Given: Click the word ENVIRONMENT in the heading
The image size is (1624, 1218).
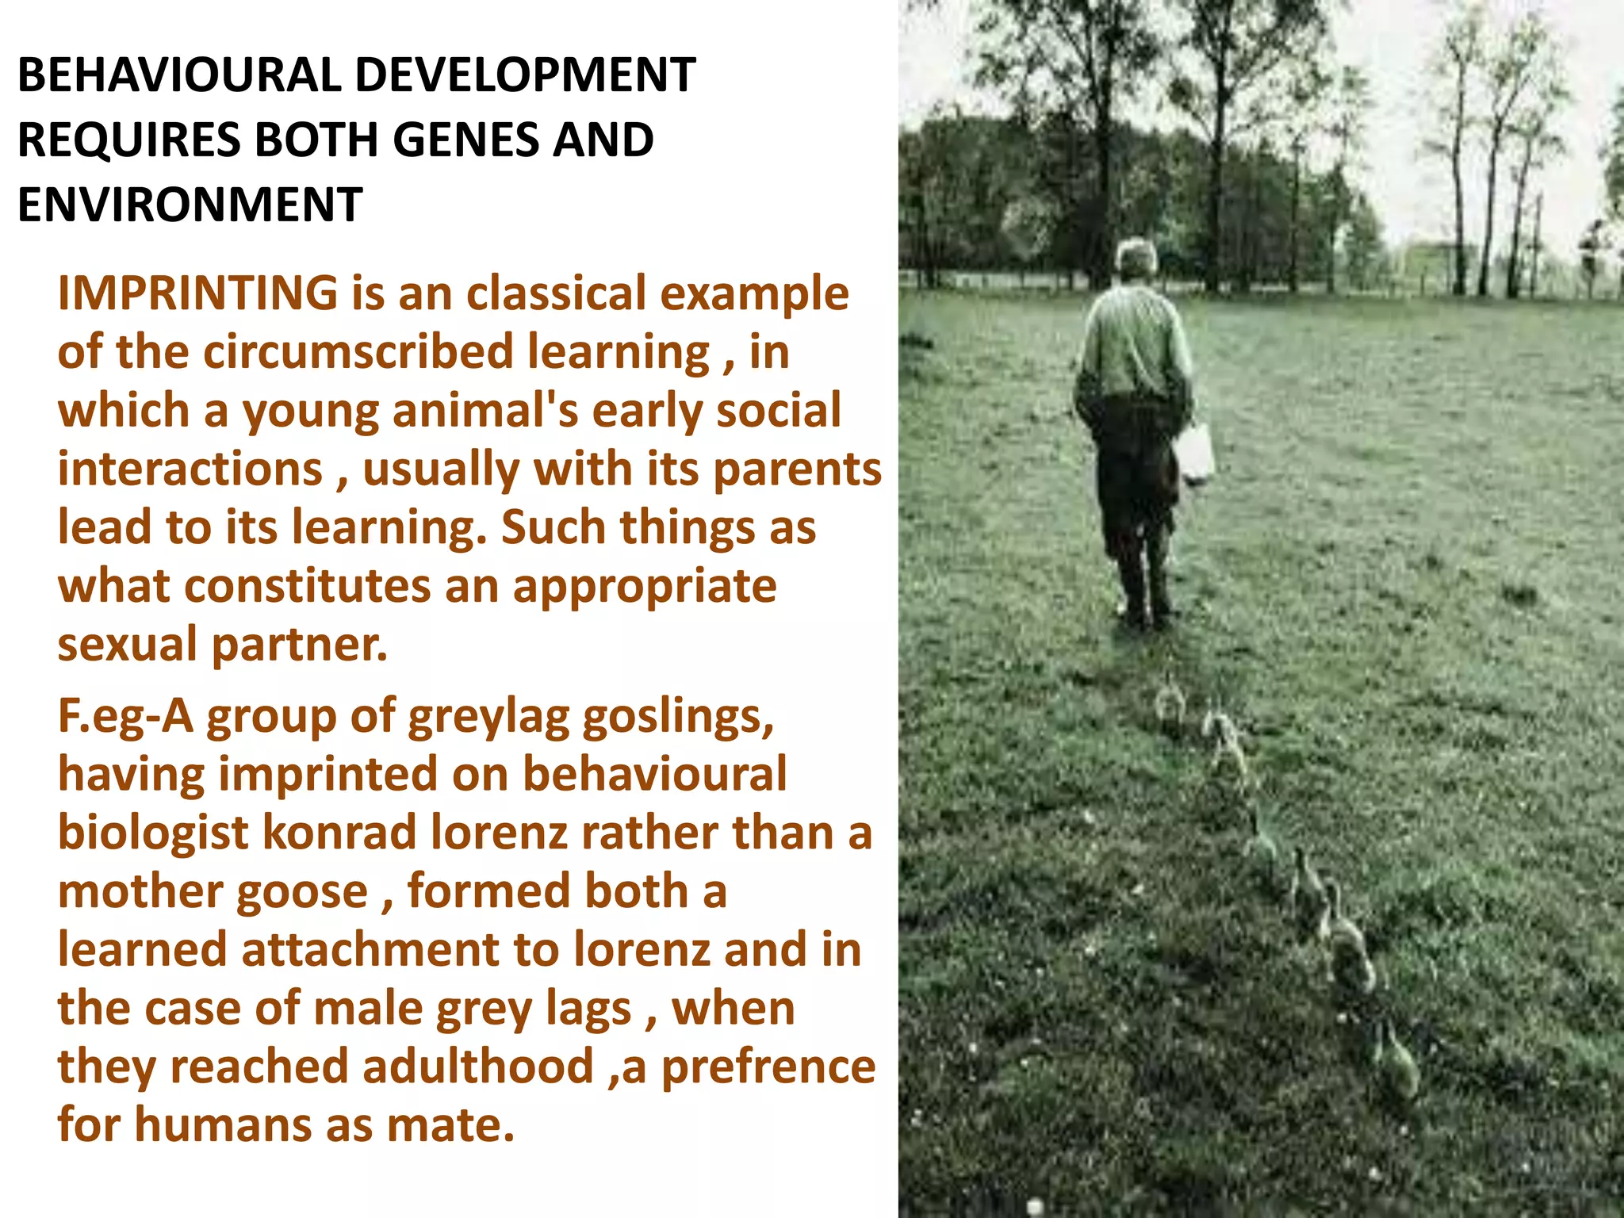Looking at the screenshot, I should [x=190, y=205].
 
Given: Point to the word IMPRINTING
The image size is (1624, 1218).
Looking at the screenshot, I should [x=198, y=293].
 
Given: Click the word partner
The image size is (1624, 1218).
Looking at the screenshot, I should [x=300, y=644].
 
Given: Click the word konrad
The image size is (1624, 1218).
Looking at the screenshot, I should [x=339, y=833].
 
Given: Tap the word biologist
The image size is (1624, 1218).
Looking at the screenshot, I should [x=154, y=833].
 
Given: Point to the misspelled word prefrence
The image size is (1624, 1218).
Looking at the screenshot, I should [x=768, y=1066].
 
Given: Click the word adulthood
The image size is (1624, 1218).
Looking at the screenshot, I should [x=478, y=1066].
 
